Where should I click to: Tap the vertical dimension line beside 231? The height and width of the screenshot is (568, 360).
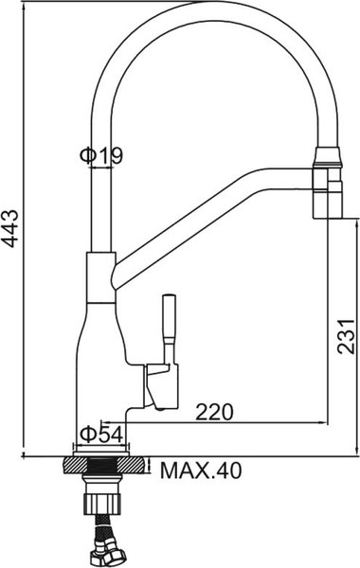[328, 312]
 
